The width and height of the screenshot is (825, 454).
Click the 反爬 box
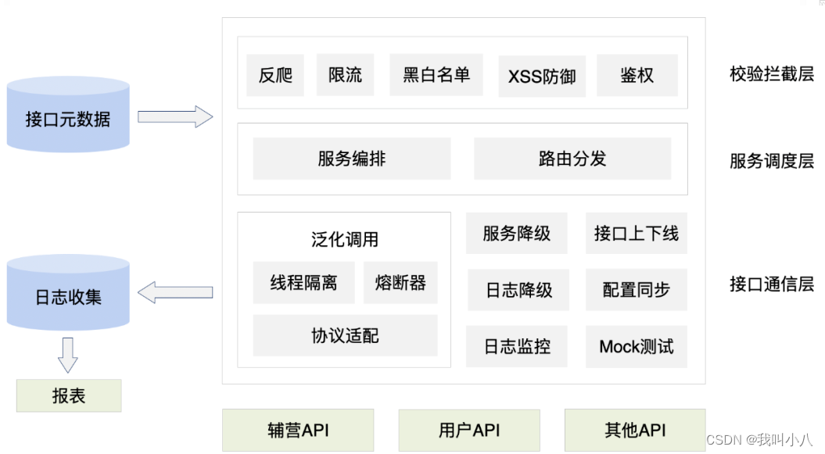(x=275, y=75)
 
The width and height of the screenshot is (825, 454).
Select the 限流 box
(x=345, y=75)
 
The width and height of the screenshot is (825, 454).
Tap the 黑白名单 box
(x=436, y=75)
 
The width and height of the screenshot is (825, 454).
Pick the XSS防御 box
(x=542, y=76)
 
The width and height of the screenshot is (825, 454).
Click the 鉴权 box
(x=637, y=75)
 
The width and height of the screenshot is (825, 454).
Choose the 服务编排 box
(x=352, y=159)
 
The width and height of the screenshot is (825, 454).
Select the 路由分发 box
(x=572, y=159)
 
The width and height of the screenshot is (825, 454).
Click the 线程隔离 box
(x=303, y=282)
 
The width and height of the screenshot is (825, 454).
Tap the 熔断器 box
(x=400, y=282)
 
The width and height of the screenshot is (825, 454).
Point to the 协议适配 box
(x=345, y=335)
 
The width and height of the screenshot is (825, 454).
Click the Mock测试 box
(x=636, y=346)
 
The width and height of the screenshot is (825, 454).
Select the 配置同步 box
(x=636, y=289)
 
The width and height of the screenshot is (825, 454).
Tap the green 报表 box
(x=69, y=395)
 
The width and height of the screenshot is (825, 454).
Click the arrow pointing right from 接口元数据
(x=175, y=117)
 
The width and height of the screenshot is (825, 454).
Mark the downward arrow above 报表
(x=68, y=355)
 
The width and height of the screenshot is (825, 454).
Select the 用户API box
(x=469, y=430)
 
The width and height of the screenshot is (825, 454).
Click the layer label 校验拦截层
(x=771, y=74)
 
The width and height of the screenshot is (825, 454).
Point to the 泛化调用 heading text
(x=345, y=239)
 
